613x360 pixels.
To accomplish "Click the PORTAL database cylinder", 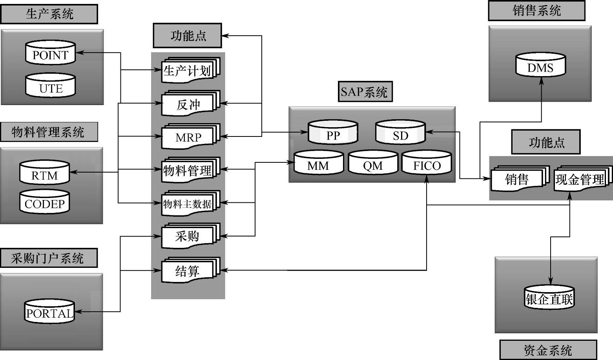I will click(49, 312).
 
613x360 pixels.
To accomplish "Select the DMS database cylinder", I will click(540, 66).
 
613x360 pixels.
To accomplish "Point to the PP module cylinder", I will click(333, 133).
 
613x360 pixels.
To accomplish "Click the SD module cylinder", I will click(400, 133).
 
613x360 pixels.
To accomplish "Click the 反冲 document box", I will click(188, 104).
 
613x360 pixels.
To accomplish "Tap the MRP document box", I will click(188, 137).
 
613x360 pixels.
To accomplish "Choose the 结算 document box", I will click(188, 271).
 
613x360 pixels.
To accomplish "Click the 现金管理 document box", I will click(580, 179).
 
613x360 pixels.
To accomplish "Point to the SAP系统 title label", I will click(365, 92).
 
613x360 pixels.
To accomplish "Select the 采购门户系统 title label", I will click(48, 258).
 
